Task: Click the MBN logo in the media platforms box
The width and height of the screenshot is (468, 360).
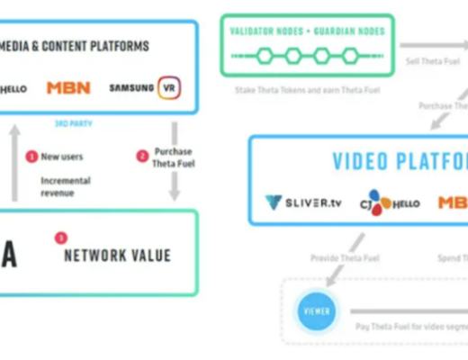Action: (68, 88)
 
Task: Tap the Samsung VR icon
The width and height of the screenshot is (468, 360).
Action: (167, 88)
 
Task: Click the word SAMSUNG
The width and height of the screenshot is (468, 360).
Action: (131, 88)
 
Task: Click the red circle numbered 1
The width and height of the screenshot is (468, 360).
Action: (31, 157)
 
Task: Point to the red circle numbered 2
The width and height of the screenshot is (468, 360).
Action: (142, 157)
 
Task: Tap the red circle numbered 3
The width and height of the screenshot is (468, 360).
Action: (60, 238)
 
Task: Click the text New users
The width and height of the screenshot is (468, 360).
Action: (62, 157)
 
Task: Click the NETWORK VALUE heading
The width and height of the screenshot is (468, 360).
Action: (117, 256)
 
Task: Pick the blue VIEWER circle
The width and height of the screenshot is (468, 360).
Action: (316, 311)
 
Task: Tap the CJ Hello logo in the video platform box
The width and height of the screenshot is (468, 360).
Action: (389, 202)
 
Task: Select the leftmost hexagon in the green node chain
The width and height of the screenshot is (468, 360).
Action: (265, 56)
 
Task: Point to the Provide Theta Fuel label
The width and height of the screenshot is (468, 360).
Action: (345, 258)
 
